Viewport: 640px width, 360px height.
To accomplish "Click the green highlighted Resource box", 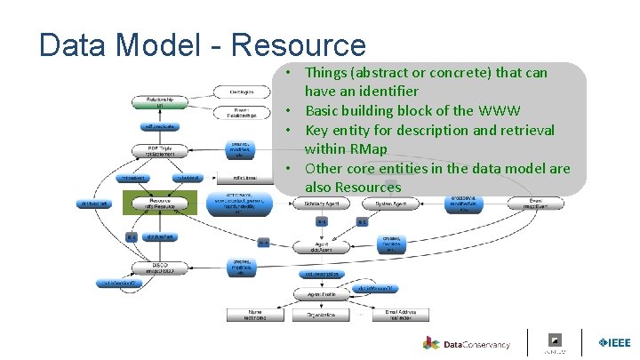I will pos(161,204).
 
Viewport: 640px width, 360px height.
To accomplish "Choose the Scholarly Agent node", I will pos(321,204).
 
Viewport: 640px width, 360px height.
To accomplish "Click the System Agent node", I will pos(390,204).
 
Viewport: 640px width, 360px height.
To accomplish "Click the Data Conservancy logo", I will pos(468,343).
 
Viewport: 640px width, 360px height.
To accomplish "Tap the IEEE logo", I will pos(614,343).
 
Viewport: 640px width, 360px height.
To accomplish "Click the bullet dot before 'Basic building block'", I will pos(291,111).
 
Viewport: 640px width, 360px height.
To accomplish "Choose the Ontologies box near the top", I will pos(243,92).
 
